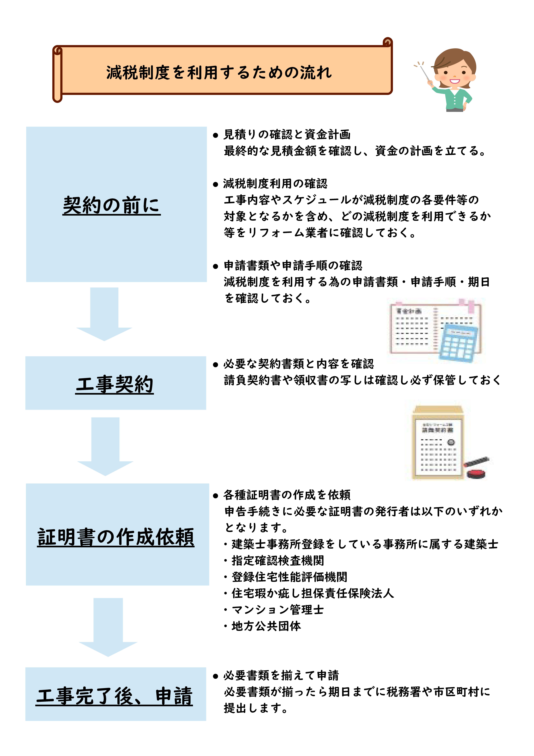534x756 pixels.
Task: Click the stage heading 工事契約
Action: (x=115, y=384)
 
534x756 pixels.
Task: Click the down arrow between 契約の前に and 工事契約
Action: (x=104, y=314)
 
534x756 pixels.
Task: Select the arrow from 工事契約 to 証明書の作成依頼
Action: (x=105, y=447)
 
